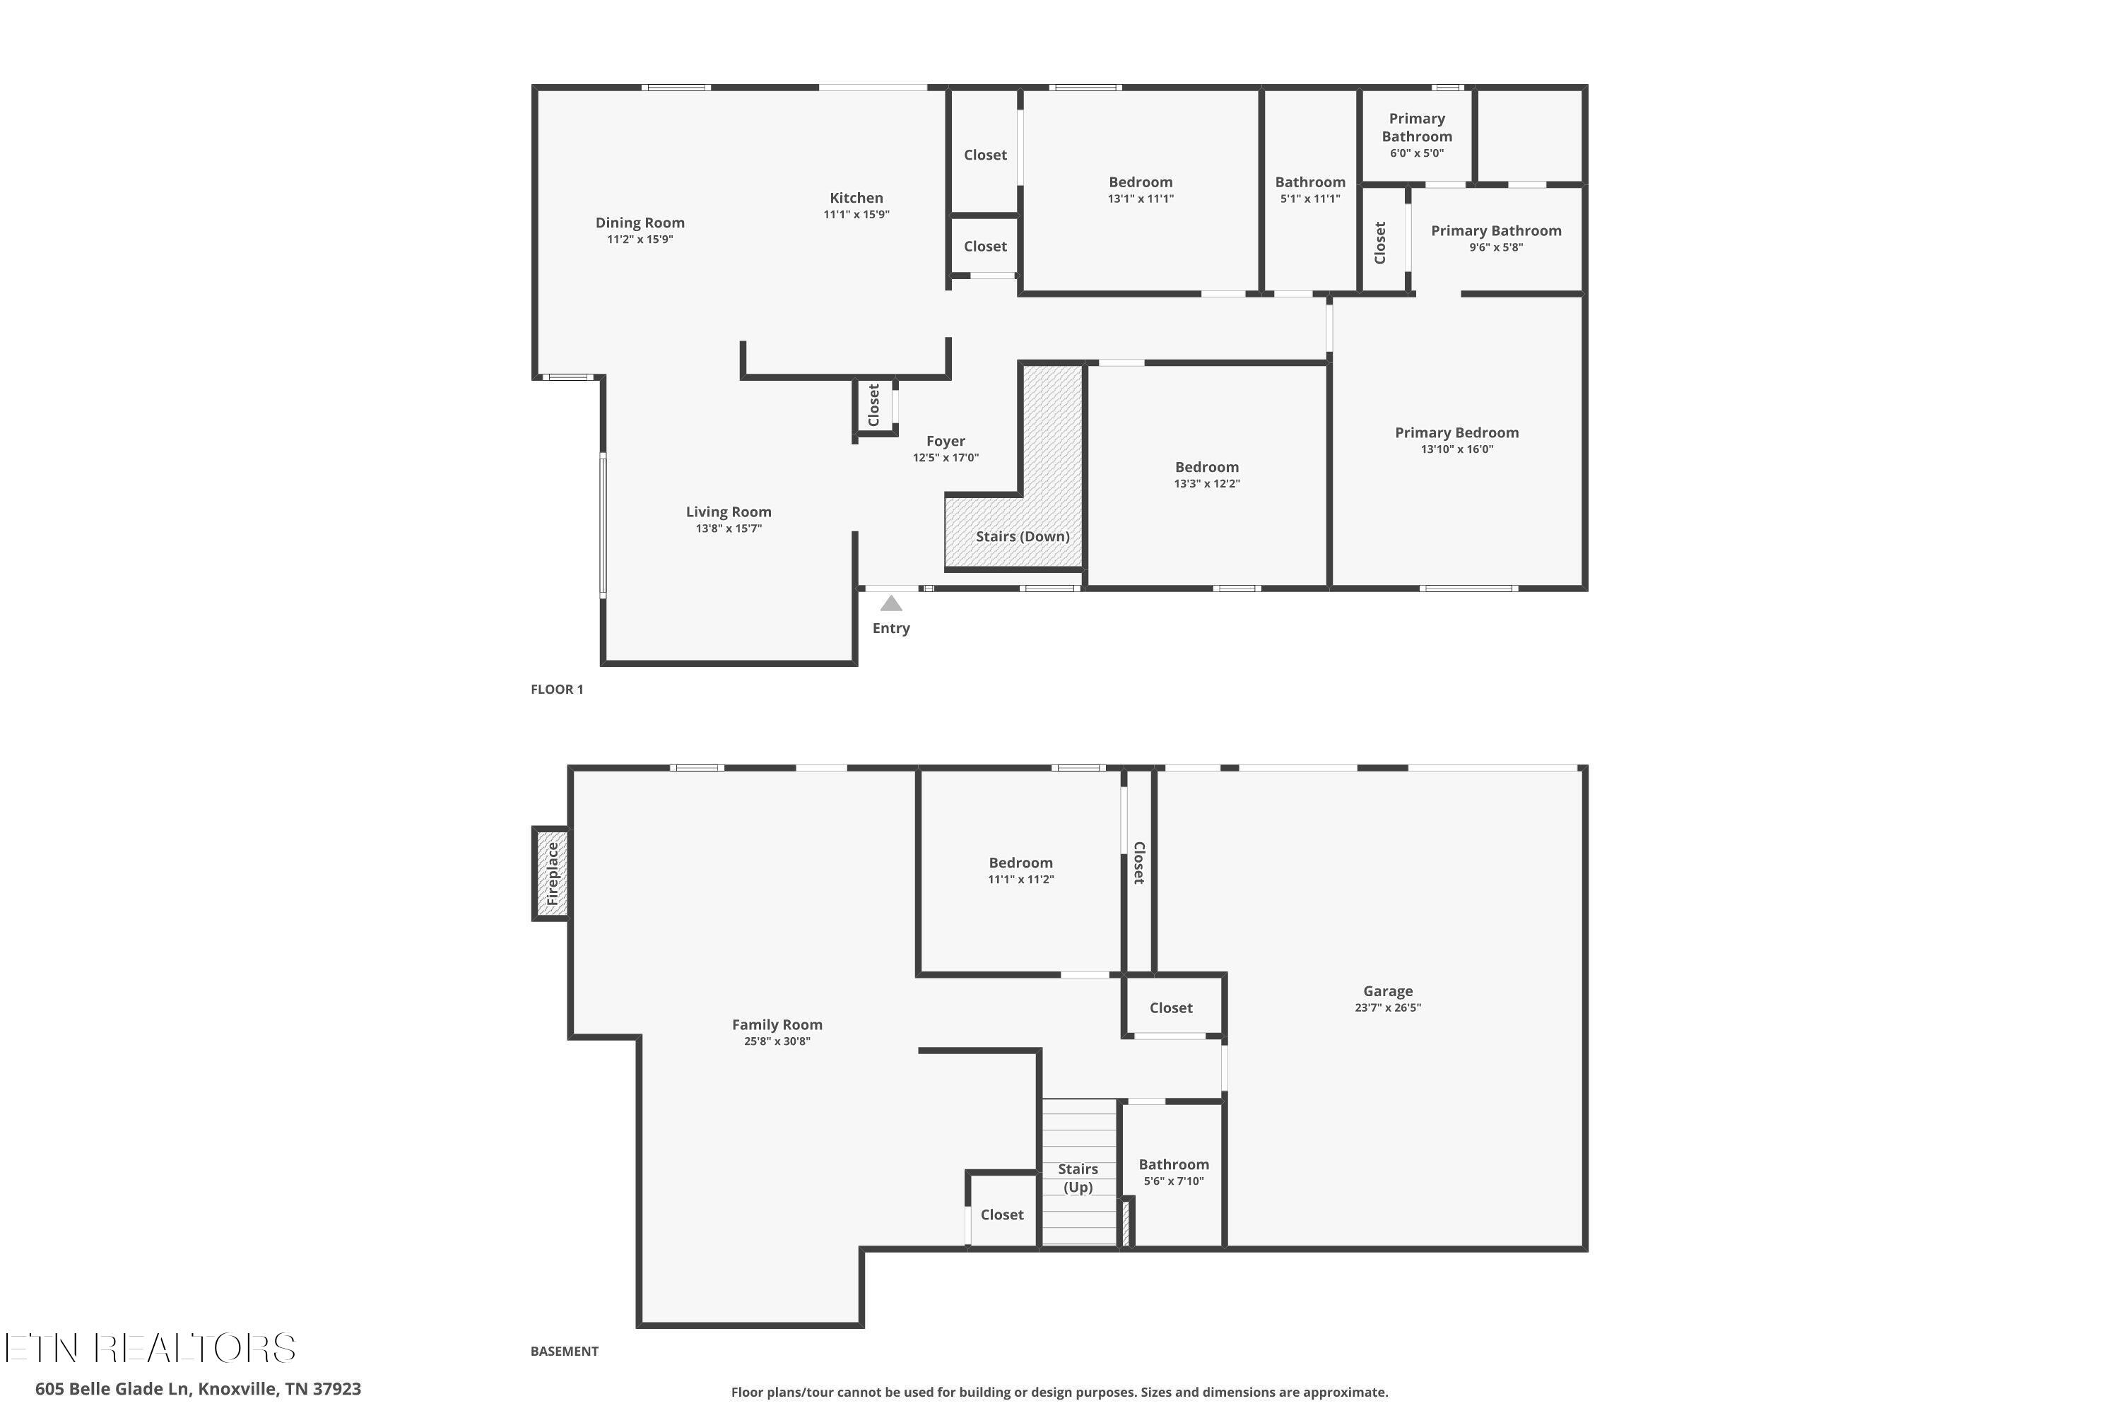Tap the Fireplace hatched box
tap(553, 873)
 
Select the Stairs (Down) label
tap(1022, 536)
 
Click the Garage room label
tap(1387, 991)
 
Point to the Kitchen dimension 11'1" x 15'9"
tap(856, 215)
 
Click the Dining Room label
tap(640, 223)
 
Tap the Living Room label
tap(729, 512)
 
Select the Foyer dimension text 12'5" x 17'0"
tap(946, 458)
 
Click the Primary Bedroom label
tap(1456, 432)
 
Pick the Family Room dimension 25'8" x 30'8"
tap(777, 1041)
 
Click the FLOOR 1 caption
tap(557, 690)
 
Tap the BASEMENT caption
tap(564, 1351)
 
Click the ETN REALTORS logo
tap(151, 1347)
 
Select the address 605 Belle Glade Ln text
tap(114, 1389)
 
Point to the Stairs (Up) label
tap(1078, 1178)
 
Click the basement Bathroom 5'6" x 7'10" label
tap(1174, 1172)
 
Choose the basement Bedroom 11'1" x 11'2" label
tap(1020, 870)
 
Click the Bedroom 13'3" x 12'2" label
tap(1207, 475)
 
